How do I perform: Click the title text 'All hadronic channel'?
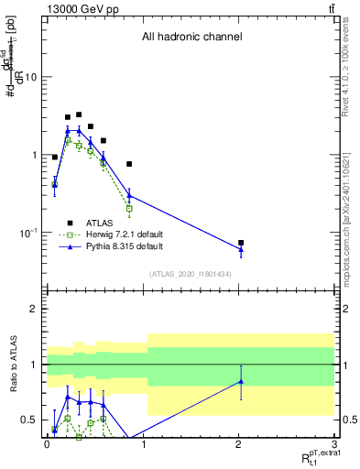point(191,38)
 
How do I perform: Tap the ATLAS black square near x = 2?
point(241,243)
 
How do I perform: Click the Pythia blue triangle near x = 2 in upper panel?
point(241,249)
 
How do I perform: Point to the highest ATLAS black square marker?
point(79,115)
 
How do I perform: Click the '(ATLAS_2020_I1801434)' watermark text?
point(191,275)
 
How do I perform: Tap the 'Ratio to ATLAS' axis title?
point(16,365)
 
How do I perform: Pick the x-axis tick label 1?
point(143,443)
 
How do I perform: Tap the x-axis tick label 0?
point(47,443)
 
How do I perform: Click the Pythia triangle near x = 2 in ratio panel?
point(241,381)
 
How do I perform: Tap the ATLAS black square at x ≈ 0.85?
point(129,164)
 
